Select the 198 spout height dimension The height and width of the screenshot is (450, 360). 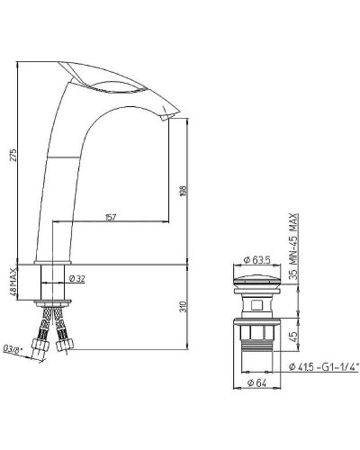point(182,191)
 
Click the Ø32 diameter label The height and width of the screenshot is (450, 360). point(78,279)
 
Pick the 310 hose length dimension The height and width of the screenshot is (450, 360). point(182,306)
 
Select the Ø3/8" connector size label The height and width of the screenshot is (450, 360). point(13,347)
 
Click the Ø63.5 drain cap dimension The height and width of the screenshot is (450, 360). point(257,262)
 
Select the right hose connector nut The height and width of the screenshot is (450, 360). point(63,343)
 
